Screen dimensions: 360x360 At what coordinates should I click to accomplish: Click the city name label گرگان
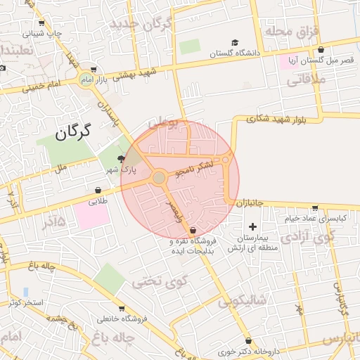73,131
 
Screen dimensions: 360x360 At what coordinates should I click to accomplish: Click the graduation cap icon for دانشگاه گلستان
235,44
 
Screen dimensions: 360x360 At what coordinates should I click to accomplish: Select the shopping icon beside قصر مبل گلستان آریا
321,50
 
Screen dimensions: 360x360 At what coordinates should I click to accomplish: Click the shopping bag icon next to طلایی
98,190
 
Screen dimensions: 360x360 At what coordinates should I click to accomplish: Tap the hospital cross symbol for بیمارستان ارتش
253,226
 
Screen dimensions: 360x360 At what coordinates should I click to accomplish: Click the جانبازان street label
249,202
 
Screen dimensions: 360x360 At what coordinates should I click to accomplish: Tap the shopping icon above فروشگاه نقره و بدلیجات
193,231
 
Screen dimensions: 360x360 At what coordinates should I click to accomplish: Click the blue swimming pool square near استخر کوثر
26,292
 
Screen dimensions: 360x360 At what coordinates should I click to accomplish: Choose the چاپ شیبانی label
42,33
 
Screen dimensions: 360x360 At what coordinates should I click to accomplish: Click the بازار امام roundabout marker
87,79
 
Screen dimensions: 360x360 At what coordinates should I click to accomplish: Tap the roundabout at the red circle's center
159,178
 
